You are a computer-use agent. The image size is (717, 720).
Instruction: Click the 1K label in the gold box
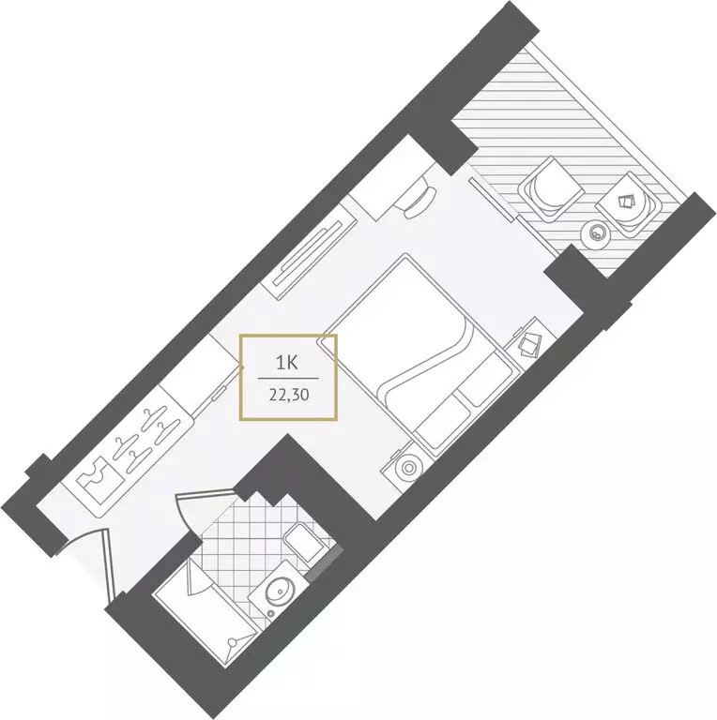pos(288,362)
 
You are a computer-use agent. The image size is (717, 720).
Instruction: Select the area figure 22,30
pos(288,396)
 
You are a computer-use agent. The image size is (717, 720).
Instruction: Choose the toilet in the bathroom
pos(302,542)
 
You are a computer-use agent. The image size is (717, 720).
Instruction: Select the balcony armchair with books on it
pos(630,205)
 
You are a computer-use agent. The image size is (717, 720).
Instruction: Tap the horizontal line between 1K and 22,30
pos(288,379)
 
